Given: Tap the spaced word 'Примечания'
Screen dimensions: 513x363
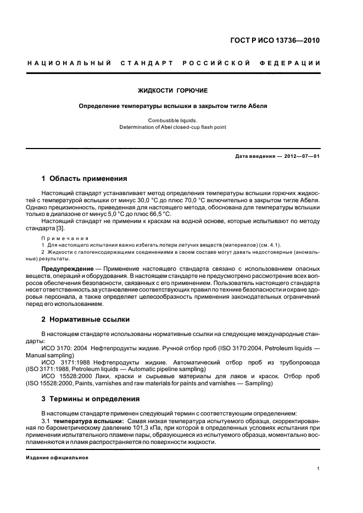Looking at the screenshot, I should pos(65,238).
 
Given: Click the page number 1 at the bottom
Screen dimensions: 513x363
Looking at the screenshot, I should pos(319,469).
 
